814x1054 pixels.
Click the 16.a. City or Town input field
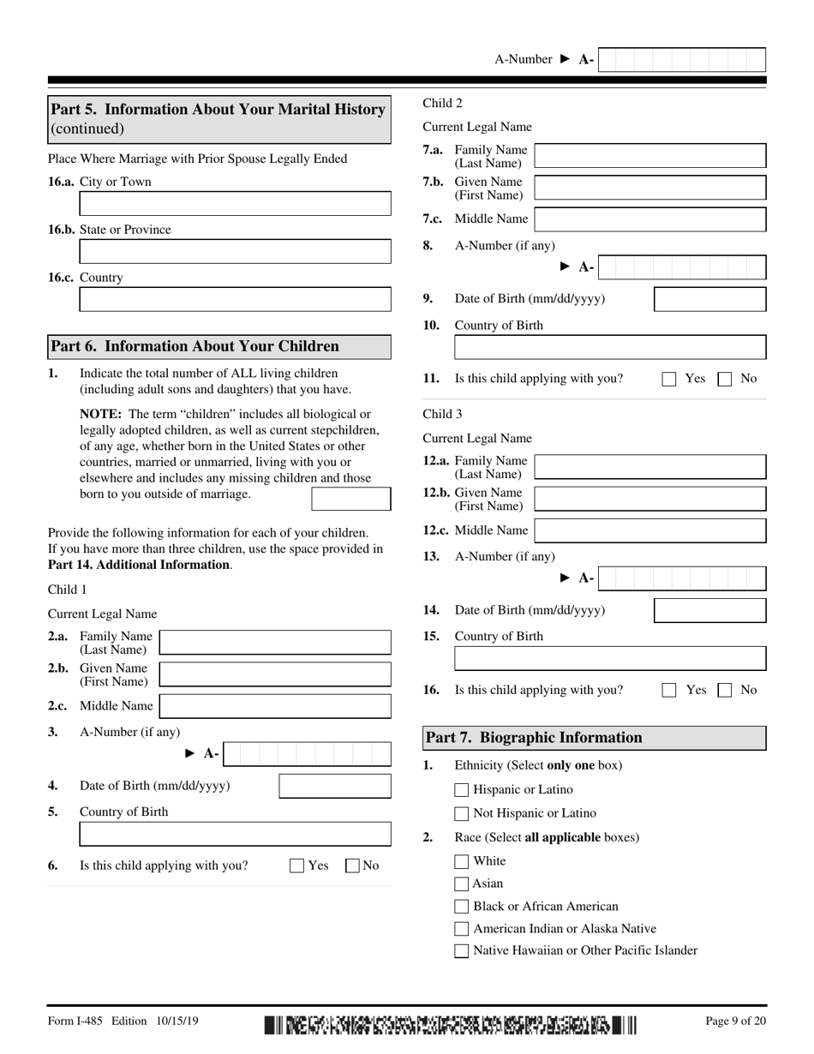coord(235,204)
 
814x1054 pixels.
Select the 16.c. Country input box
coord(235,300)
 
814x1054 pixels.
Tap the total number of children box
coord(350,499)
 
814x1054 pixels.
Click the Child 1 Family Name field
coord(275,643)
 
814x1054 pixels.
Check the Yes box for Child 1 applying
coord(297,865)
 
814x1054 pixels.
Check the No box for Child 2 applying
coord(724,379)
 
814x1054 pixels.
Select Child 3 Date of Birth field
coord(709,610)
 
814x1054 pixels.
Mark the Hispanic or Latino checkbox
coord(462,790)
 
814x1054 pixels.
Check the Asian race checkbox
coord(462,883)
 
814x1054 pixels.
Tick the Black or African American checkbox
coord(462,907)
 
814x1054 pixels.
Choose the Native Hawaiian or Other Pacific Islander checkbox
coord(462,950)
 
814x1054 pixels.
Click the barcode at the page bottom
coord(451,1024)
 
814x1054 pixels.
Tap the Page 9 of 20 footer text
coord(735,1021)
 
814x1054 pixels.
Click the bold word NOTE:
coord(100,414)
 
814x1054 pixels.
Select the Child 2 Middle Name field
coord(649,219)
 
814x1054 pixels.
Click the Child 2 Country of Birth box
coord(609,348)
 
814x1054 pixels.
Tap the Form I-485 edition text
coord(123,1021)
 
